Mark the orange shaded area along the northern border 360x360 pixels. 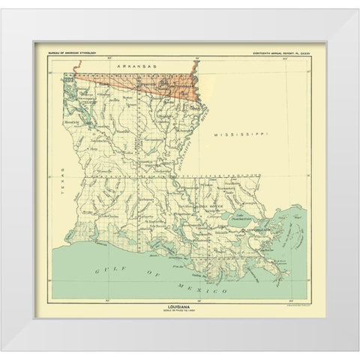pyautogui.click(x=135, y=84)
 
